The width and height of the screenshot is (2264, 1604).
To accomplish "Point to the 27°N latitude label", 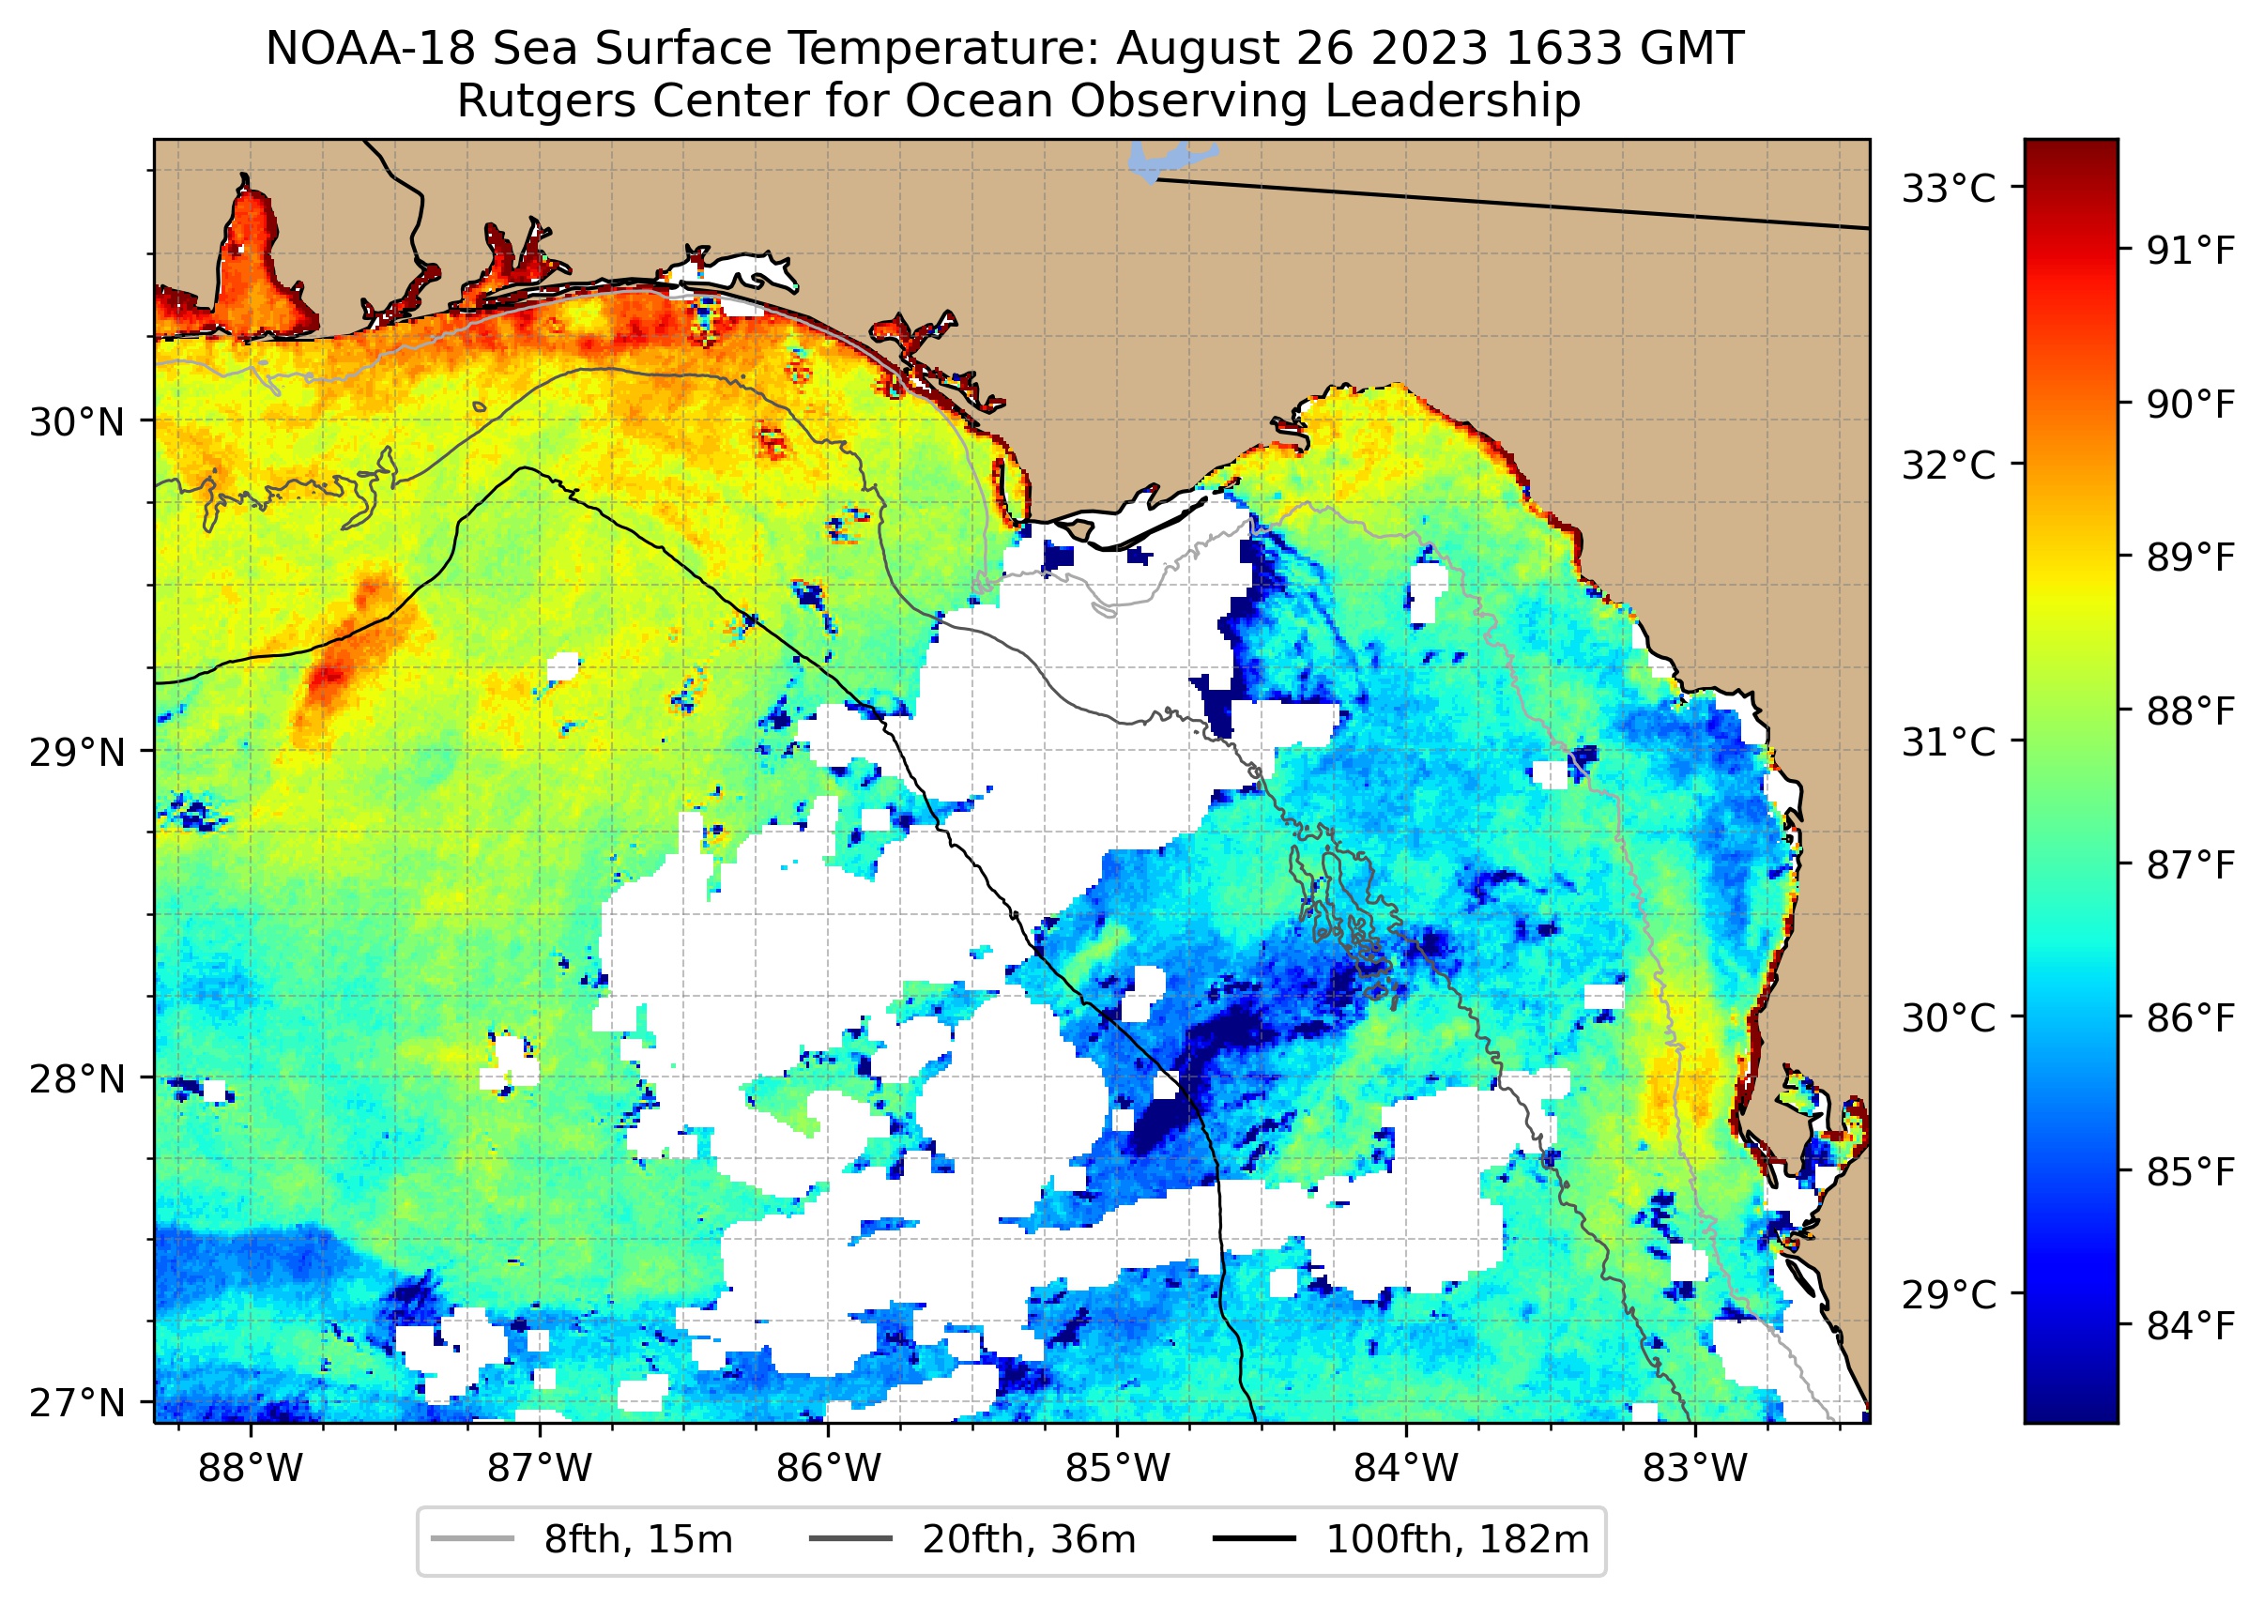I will click(77, 1403).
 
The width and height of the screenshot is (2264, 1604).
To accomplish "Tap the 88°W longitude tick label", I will click(251, 1469).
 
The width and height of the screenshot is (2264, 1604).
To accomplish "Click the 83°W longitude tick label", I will click(1695, 1469).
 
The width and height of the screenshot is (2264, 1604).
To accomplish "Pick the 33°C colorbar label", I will click(1949, 189).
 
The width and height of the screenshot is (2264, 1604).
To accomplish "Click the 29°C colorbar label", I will click(1949, 1294).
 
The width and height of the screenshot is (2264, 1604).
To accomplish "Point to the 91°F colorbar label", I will click(2190, 252).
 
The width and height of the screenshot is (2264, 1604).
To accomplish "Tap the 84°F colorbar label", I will click(2190, 1326).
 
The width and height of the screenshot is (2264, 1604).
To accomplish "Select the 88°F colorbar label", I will click(2190, 711).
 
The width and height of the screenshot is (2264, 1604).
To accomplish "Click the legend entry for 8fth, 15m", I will click(583, 1540).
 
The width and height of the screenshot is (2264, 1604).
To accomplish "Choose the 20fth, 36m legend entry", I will click(973, 1540).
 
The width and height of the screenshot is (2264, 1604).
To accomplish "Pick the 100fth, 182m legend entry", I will click(1402, 1540).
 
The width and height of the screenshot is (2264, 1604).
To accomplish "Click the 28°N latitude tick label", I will click(77, 1079).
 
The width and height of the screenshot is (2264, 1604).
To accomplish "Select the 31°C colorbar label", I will click(1949, 741).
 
